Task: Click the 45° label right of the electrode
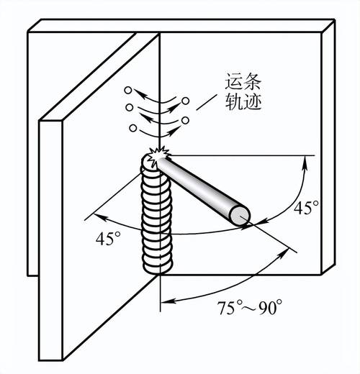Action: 306,207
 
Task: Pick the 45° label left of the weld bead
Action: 108,239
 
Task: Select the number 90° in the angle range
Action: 267,307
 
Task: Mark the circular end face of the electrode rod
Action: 240,216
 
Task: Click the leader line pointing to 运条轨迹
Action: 206,102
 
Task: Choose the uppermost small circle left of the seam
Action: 127,90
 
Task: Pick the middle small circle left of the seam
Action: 129,107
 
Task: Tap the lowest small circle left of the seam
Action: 132,128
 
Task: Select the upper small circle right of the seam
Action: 185,101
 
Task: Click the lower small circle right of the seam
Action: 185,120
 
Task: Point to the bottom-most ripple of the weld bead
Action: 158,267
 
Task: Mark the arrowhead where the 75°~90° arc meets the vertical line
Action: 168,301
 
